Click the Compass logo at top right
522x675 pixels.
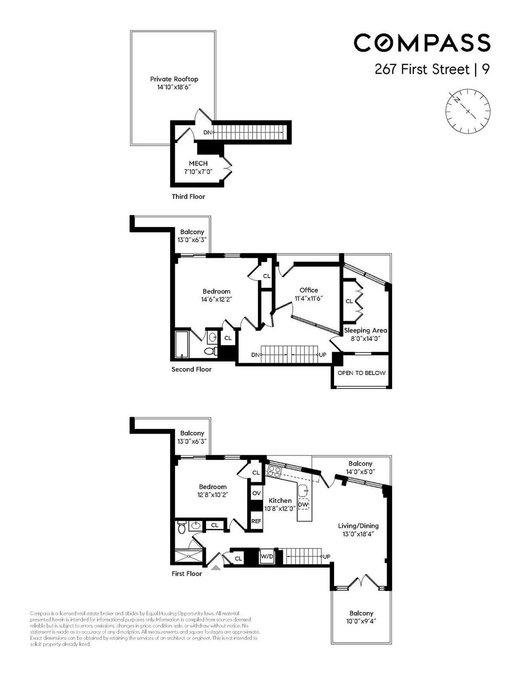point(422,43)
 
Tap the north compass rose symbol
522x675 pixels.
point(468,110)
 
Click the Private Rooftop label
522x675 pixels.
point(174,79)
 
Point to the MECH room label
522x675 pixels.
point(198,163)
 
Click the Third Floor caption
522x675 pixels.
point(188,196)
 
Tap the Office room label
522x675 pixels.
point(309,290)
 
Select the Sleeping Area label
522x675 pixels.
point(365,330)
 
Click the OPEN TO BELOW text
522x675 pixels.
point(361,373)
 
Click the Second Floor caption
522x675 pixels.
point(191,369)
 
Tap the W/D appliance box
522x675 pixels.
point(267,556)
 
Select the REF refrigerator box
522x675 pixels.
point(256,521)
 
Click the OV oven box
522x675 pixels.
point(256,493)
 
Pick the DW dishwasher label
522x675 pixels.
point(303,505)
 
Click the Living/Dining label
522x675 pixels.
point(358,526)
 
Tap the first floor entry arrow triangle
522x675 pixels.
point(216,567)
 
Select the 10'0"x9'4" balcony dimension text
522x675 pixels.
point(361,621)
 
